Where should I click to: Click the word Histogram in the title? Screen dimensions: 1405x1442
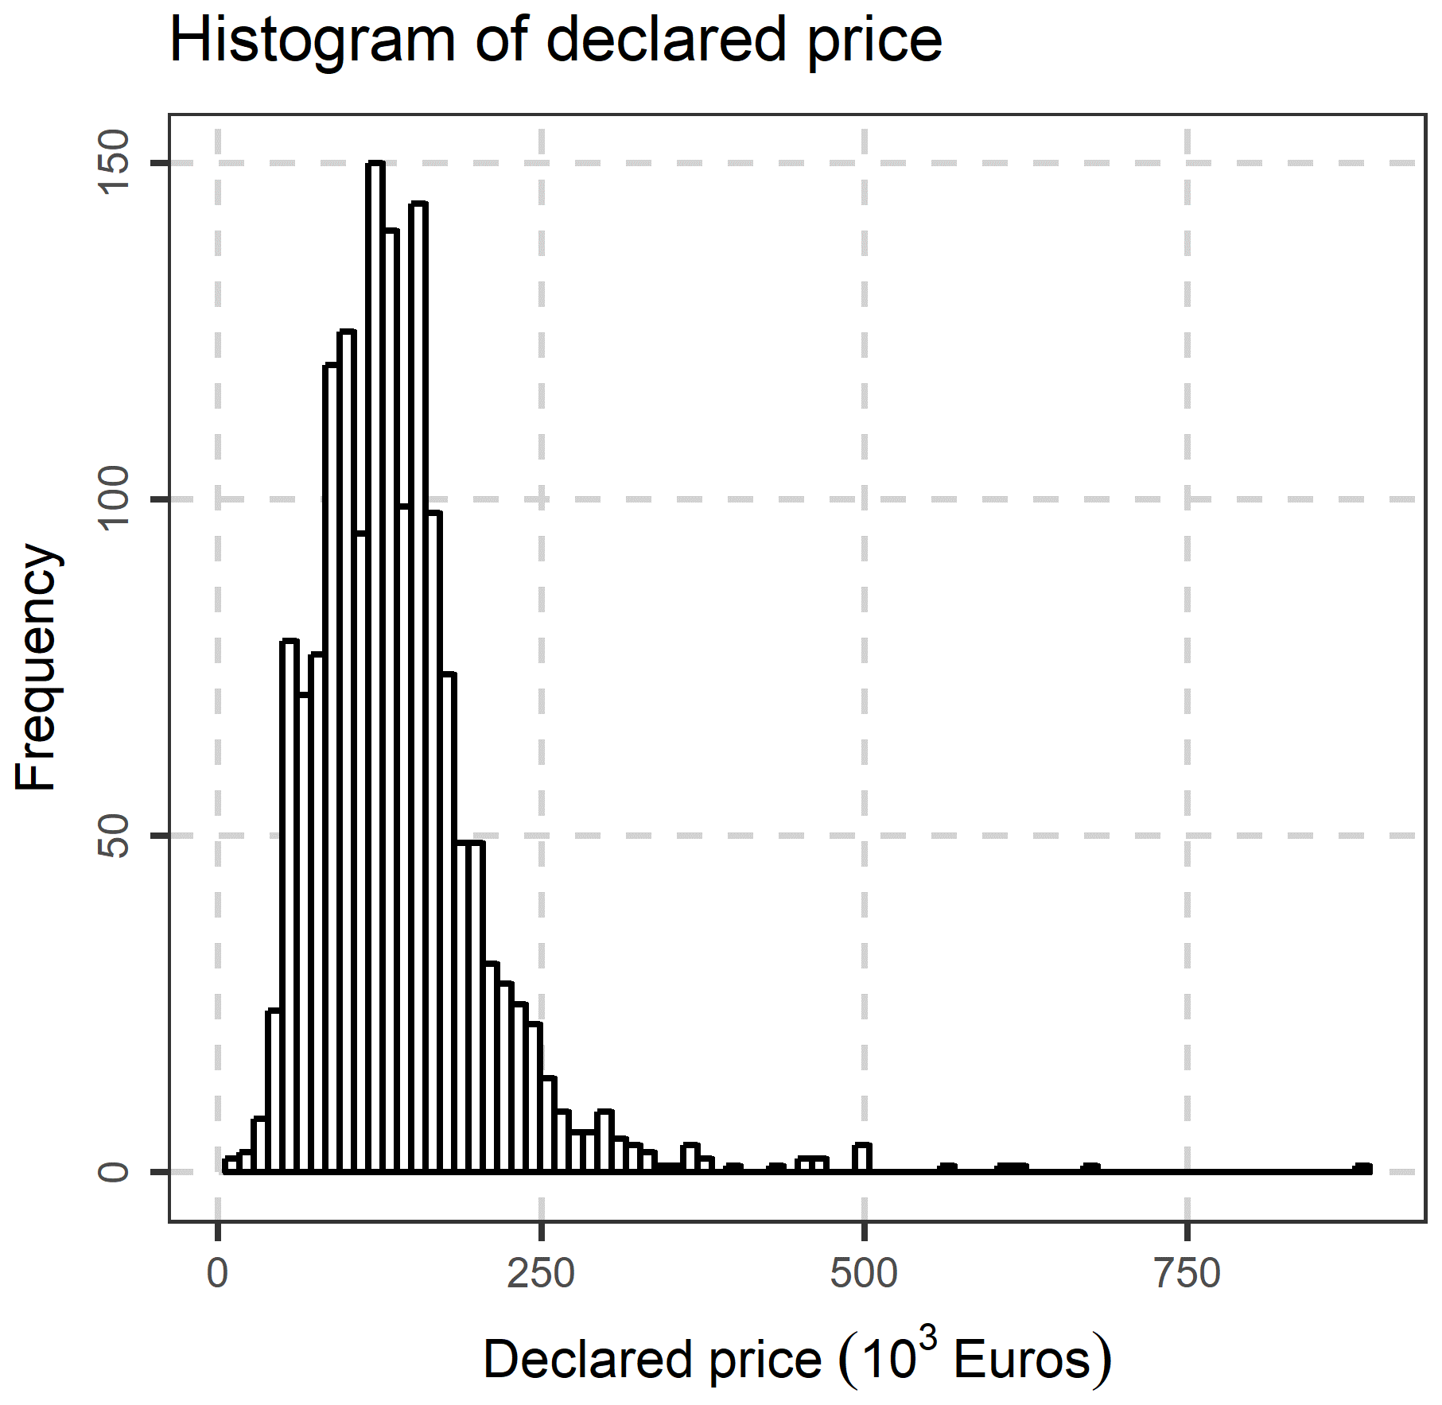[311, 40]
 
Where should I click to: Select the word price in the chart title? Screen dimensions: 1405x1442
[875, 41]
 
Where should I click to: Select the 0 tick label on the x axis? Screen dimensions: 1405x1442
[217, 1273]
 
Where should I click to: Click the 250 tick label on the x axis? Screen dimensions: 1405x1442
[541, 1273]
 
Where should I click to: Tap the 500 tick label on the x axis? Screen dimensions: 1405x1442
[864, 1273]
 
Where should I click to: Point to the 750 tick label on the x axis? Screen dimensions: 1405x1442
[1187, 1273]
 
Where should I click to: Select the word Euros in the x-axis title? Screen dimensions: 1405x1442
[1021, 1360]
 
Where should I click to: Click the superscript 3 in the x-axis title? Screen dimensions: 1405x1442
[927, 1341]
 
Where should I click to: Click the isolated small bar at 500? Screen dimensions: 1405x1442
[862, 1158]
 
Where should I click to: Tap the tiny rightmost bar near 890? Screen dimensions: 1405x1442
[1363, 1168]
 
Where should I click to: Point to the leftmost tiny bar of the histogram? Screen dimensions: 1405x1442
[231, 1165]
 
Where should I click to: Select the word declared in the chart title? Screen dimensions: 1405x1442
[666, 40]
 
